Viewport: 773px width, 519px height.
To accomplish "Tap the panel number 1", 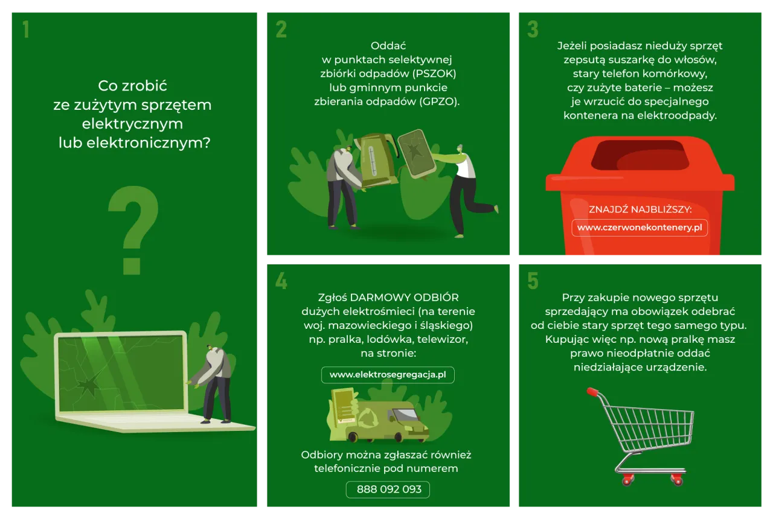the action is (x=26, y=29).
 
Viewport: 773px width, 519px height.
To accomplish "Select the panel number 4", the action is (x=281, y=281).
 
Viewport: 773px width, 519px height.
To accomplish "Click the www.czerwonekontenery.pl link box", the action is (x=640, y=228).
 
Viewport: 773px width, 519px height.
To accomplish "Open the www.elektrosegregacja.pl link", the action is (x=388, y=375).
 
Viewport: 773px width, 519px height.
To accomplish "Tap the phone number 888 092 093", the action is (x=388, y=489).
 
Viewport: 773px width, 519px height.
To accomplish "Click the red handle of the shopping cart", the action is (x=593, y=392).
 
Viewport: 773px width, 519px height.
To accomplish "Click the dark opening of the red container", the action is (x=640, y=155).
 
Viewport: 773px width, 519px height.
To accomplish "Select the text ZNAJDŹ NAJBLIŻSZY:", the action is (x=640, y=209).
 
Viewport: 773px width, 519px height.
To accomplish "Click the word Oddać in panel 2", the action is (x=388, y=45).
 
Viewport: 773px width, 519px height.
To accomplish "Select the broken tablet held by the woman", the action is (x=417, y=153).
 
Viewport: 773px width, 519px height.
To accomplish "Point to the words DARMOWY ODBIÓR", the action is (x=405, y=298).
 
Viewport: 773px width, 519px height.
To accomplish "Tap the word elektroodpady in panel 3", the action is (x=677, y=115).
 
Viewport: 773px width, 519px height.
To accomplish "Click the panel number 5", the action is (x=533, y=281).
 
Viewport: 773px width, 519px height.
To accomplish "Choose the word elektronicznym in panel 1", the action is (x=148, y=143).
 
